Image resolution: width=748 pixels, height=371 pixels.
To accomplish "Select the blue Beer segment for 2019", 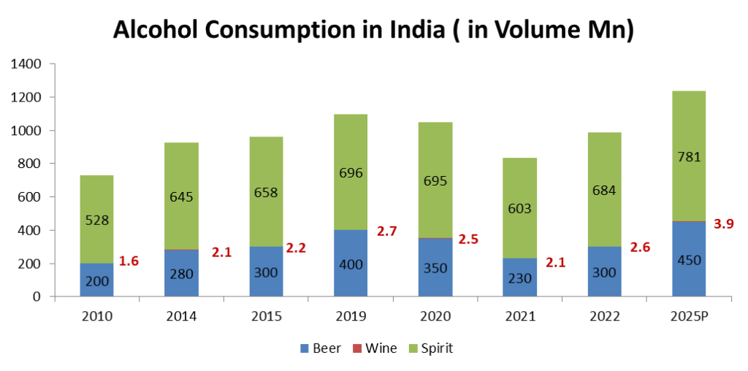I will coord(351,263).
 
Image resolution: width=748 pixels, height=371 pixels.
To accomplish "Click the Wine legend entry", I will coord(375,348).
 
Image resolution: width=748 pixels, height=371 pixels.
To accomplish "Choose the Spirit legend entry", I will coord(431,348).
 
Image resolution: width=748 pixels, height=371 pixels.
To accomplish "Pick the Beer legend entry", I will coord(320,348).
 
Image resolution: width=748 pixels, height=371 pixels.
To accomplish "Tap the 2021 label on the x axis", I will coord(520,316).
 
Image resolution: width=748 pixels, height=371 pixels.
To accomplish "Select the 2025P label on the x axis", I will coord(690,316).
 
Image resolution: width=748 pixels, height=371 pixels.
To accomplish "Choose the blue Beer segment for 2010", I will coord(96,280).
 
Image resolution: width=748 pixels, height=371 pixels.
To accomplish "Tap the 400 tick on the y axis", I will coord(31,230).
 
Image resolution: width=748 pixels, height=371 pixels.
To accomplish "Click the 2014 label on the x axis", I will coord(181,316).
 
